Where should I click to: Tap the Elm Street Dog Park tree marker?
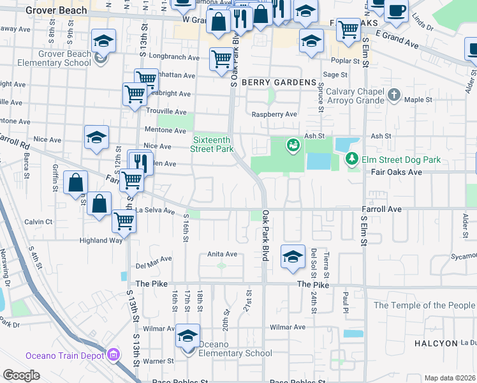coord(350,158)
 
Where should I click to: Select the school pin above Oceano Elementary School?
coord(188,336)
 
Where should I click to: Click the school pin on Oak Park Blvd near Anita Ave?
coord(293,257)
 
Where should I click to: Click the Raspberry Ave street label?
coord(274,114)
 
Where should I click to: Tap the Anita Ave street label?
coord(222,254)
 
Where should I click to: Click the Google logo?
coord(22,375)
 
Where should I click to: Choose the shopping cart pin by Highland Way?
coord(124,222)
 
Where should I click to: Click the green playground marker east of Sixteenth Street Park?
coord(293,146)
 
